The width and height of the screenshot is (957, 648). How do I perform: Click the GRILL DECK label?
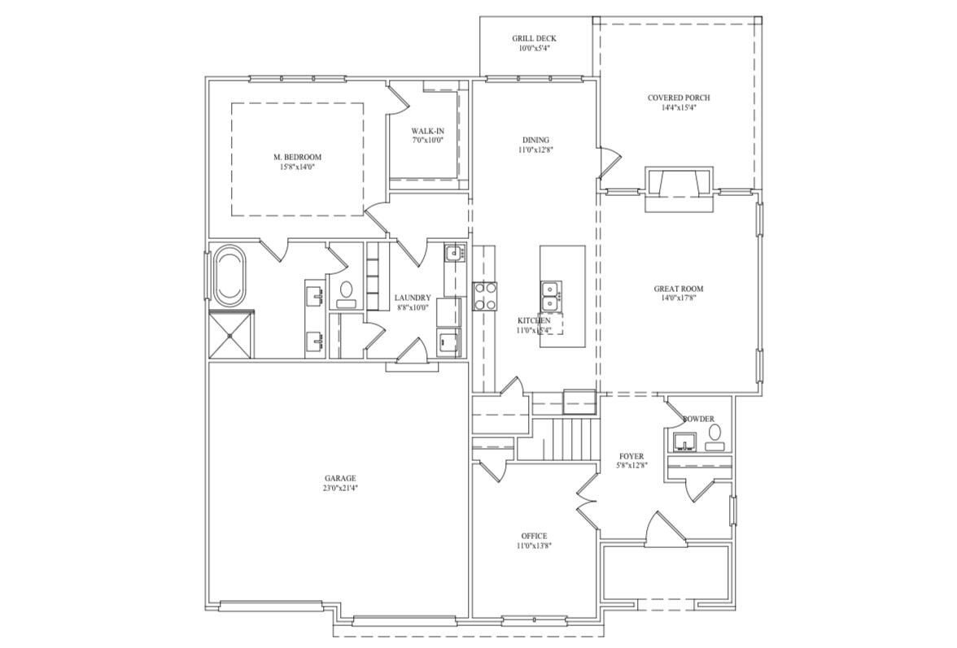pos(534,38)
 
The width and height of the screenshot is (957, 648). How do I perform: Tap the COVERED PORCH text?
pos(678,98)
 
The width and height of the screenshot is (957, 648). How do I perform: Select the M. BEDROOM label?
pos(297,157)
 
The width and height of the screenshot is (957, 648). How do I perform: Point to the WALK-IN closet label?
pos(427,131)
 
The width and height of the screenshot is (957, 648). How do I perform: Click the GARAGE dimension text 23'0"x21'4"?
pos(339,489)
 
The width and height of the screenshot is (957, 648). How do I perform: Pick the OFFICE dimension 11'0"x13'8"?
pos(534,546)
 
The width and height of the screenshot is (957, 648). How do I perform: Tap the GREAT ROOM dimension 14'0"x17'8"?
pos(679,298)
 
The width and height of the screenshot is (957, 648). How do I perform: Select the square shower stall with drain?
pos(231,335)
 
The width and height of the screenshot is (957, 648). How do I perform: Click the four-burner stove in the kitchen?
pos(485,296)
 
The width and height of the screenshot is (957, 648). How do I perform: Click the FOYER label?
pos(631,456)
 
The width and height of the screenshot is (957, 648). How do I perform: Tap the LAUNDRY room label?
pos(413,298)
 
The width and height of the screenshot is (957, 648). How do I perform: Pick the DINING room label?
pos(535,140)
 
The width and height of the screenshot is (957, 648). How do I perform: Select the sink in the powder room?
pos(684,442)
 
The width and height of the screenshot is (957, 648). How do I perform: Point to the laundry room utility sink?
pos(454,254)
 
